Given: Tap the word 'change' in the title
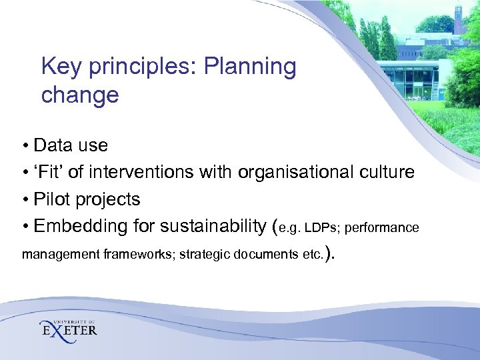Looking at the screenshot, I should click(79, 95).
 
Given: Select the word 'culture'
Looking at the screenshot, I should click(387, 173).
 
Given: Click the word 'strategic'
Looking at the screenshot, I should click(204, 254).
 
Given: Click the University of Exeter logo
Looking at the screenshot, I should click(69, 328).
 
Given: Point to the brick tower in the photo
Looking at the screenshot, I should click(459, 16).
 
